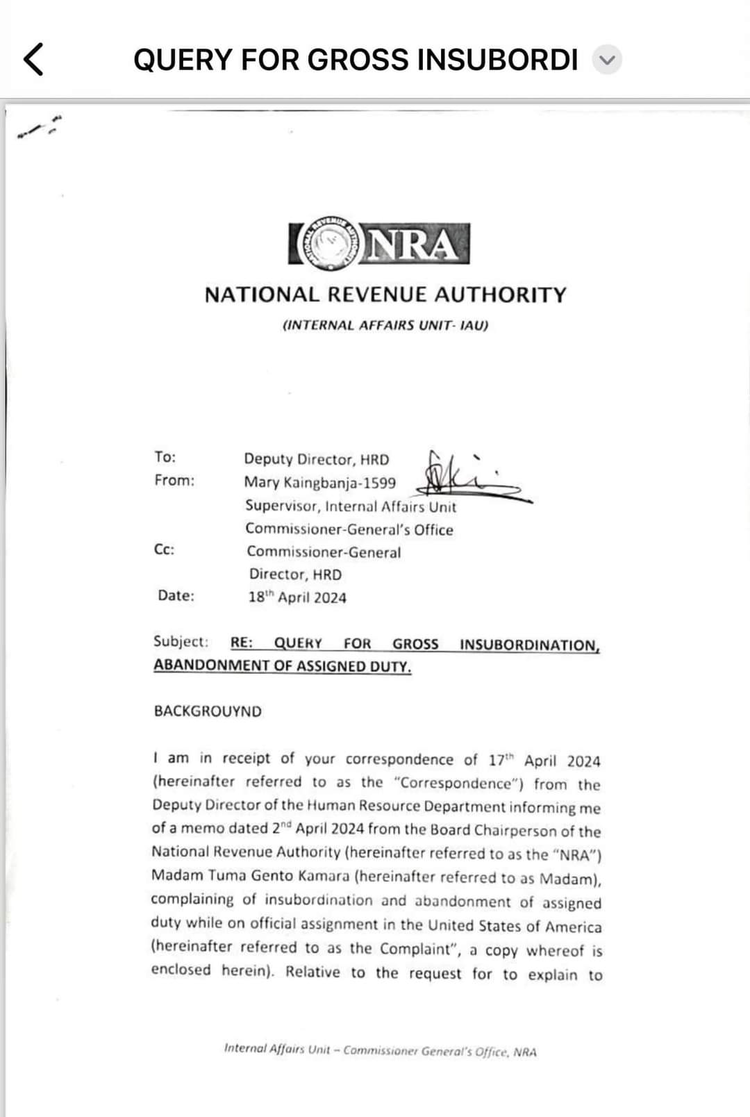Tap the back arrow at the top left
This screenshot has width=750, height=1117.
coord(33,59)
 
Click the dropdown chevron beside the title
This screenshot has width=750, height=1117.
coord(607,60)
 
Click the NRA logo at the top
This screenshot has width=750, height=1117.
coord(379,243)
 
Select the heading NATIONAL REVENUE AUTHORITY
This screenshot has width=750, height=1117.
coord(385,295)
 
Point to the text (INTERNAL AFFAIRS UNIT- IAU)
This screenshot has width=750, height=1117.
coord(385,325)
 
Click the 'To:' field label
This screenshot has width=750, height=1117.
coord(165,457)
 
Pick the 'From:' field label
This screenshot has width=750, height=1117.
coord(174,480)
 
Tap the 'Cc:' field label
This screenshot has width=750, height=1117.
coord(165,549)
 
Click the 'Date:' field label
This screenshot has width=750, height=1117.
coord(176,595)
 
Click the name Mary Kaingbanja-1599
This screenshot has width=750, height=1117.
coord(320,483)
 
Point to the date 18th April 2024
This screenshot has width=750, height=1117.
coord(297,597)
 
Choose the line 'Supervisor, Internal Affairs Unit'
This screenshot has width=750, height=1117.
coord(351,506)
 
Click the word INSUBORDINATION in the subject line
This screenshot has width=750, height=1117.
coord(529,645)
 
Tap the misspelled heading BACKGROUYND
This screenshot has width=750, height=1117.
coord(208,711)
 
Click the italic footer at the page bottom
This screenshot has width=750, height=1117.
coord(381,1051)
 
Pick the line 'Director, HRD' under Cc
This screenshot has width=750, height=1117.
coord(296,574)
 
